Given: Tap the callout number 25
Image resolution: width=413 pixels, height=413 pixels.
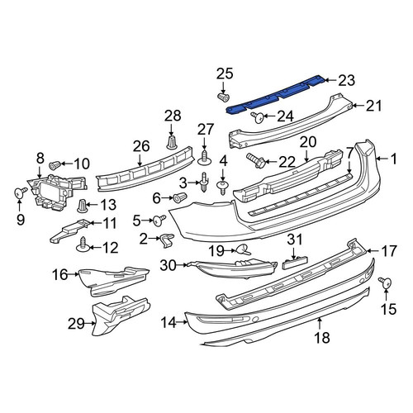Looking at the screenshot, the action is tap(225, 74).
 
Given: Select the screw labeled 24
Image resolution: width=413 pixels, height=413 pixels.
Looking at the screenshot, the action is tap(257, 117).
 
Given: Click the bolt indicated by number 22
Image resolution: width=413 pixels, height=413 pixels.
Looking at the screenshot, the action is tap(256, 161).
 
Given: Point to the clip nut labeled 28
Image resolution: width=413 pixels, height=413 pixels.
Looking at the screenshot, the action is tap(171, 143).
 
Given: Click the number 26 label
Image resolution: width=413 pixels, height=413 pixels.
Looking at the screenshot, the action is tap(141, 146).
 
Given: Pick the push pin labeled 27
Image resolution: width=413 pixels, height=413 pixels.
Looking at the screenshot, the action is tap(204, 158).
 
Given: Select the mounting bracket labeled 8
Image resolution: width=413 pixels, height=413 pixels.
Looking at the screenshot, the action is tap(57, 192).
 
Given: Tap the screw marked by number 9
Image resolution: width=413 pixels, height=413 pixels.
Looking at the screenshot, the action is tap(20, 192).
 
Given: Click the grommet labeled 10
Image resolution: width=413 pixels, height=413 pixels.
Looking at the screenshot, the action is tap(55, 165).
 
